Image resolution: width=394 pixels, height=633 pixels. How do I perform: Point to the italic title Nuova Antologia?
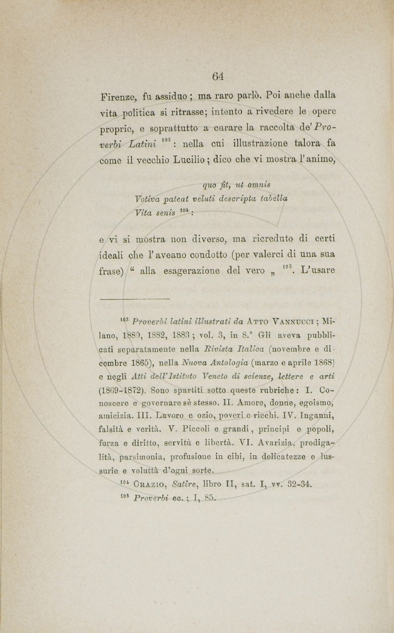pyautogui.click(x=212, y=361)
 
